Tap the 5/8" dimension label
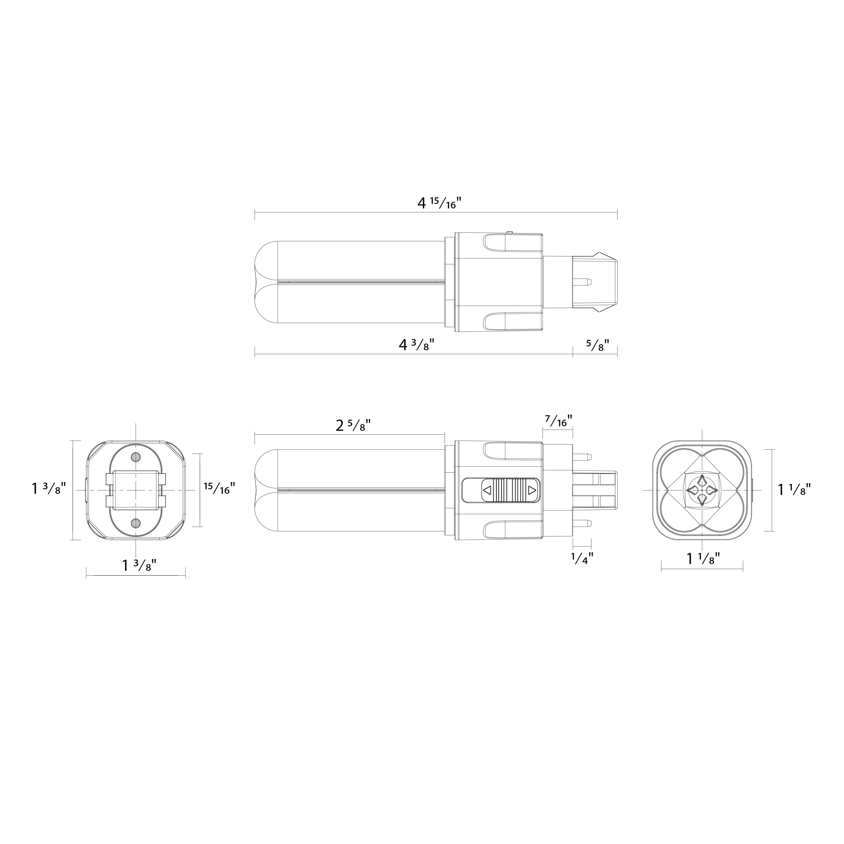tap(598, 345)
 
